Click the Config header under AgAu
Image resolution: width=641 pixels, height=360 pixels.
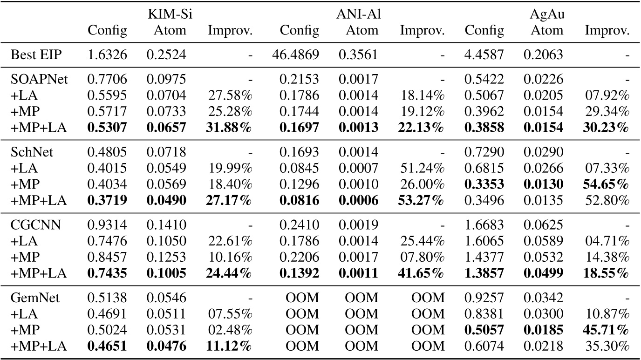point(484,31)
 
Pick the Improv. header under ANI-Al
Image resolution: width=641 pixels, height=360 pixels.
point(423,31)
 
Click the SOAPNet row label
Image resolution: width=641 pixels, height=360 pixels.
point(39,80)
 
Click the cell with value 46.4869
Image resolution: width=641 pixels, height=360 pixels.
point(295,55)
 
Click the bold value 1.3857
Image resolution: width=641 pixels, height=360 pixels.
point(484,273)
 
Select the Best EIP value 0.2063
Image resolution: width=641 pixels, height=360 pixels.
point(543,55)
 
